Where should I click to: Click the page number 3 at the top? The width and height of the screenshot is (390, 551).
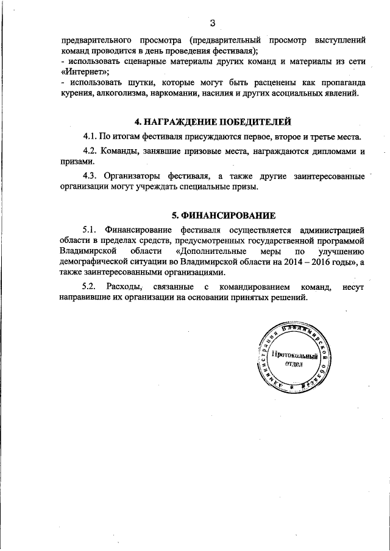pos(212,23)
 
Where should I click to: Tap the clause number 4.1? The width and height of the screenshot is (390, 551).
pos(91,136)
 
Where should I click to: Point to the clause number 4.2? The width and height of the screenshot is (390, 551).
pos(91,151)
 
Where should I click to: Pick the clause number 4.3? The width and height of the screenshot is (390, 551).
pos(91,177)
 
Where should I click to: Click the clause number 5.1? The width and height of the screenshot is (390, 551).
pos(90,230)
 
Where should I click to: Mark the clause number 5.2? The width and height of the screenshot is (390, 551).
pos(90,287)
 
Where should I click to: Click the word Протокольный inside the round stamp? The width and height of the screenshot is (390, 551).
pos(297,354)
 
